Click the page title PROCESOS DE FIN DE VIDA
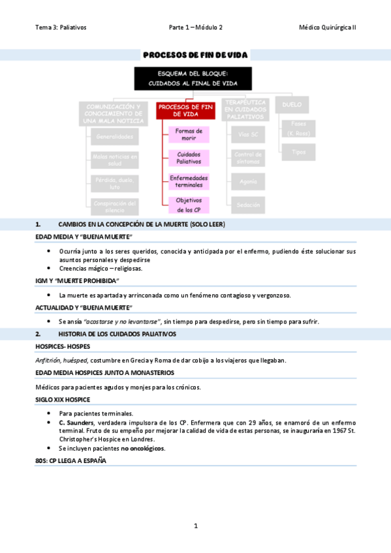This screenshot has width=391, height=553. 195,55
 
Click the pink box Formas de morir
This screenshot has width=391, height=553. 188,135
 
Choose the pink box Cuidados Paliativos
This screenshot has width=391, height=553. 188,158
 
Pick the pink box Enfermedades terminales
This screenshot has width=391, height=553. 188,181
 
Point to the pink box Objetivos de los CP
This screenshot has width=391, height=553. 188,205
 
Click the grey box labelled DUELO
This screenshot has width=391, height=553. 292,104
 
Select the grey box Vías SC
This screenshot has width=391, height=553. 248,134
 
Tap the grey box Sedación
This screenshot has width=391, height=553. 248,205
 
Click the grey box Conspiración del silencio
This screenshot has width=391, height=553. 114,206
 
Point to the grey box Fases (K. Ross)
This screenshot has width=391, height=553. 298,128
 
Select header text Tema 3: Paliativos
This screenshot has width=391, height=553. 61,27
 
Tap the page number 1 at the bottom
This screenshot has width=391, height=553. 195,526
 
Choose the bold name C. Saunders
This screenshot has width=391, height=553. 76,423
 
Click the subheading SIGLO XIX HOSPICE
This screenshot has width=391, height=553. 63,399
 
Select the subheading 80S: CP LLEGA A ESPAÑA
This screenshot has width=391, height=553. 70,460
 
